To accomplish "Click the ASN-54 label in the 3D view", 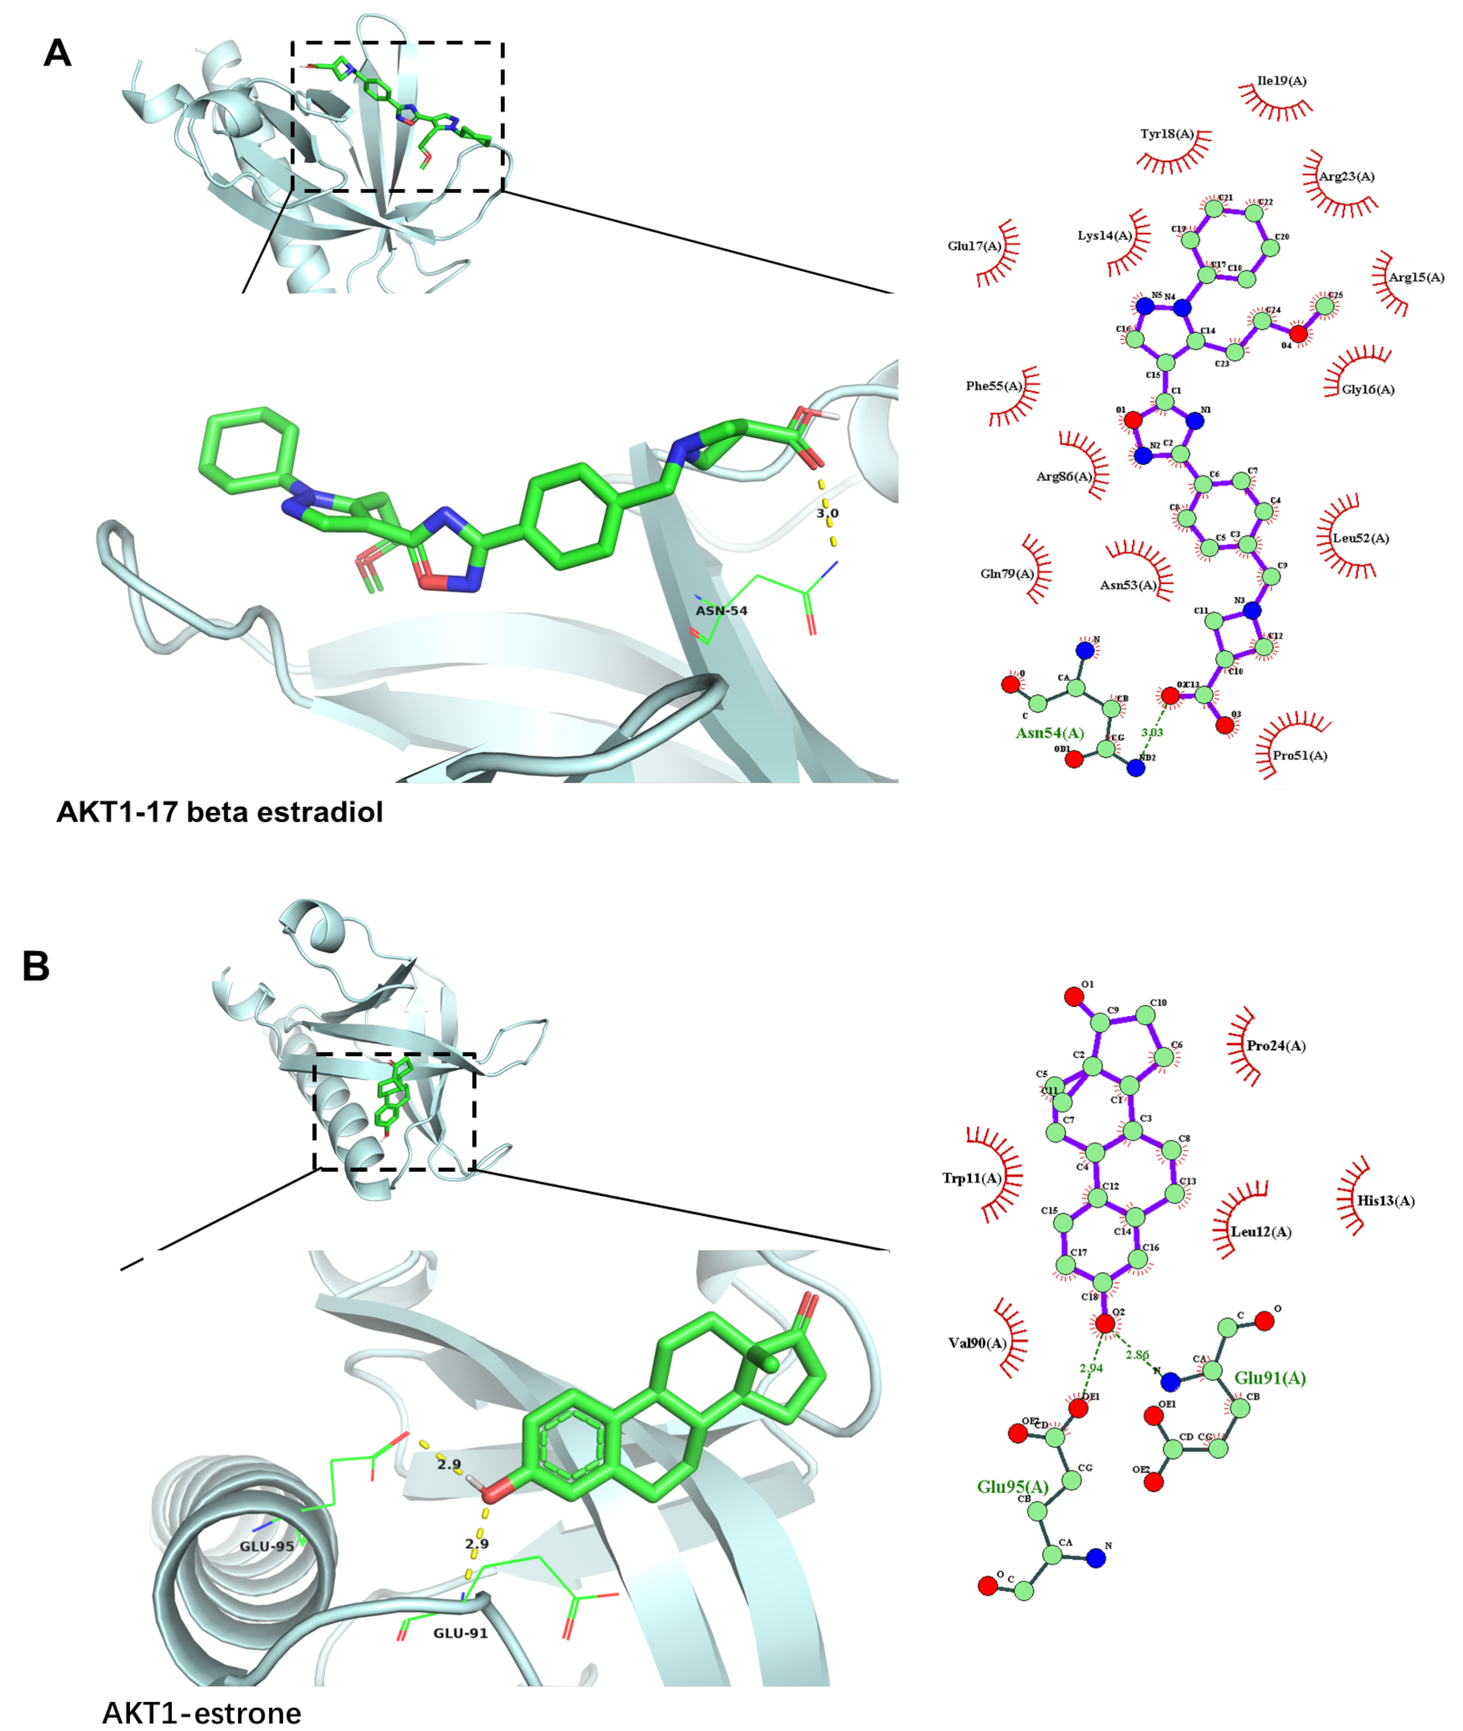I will tap(721, 610).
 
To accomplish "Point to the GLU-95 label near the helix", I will tap(267, 1546).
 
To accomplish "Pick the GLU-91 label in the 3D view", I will tap(460, 1633).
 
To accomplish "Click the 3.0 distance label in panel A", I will tap(827, 513).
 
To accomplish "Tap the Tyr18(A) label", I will tap(1166, 134).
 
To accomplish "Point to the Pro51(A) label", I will tap(1300, 756).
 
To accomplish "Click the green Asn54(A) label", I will tap(1049, 733).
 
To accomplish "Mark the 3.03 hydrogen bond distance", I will tap(1152, 732).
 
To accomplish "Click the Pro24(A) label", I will tap(1276, 1046).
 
